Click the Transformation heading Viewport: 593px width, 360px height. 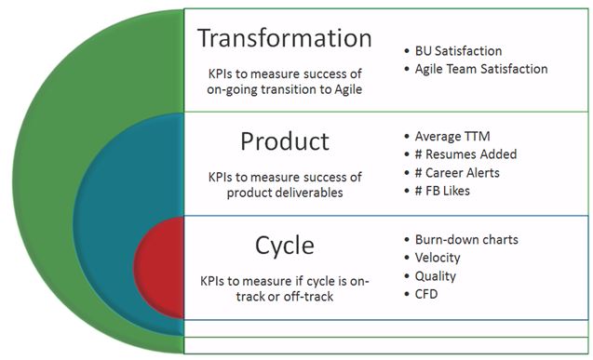[x=285, y=39]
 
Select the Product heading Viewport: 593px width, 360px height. [x=285, y=141]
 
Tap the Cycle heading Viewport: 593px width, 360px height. [x=285, y=246]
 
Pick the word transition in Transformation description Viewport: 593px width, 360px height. [x=292, y=88]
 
